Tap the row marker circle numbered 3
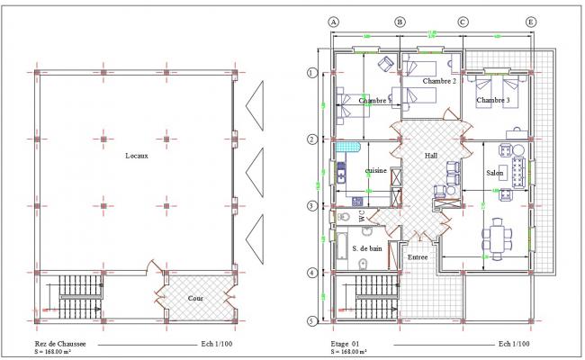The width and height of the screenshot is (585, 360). click(312, 206)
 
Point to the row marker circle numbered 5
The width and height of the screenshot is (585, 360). click(312, 320)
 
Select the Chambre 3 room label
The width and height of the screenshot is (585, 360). click(493, 100)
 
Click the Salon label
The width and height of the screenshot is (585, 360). click(494, 172)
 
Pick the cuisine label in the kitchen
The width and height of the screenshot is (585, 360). click(375, 170)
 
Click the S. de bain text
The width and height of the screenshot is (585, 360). click(368, 247)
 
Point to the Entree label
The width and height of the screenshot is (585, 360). click(418, 257)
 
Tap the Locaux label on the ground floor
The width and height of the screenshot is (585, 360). click(139, 156)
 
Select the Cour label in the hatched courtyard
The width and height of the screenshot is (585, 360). click(195, 298)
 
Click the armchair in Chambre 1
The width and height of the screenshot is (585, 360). click(385, 63)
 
